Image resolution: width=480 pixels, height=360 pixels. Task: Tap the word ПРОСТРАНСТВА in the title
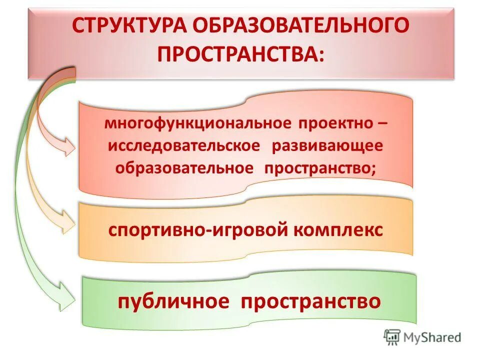click(236, 54)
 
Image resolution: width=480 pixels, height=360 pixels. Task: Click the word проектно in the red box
click(334, 123)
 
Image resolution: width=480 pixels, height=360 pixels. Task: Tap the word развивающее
click(327, 146)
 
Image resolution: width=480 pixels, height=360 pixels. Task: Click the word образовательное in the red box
click(184, 168)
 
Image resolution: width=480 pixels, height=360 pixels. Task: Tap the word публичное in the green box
click(173, 301)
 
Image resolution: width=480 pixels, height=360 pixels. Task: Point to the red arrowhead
click(67, 146)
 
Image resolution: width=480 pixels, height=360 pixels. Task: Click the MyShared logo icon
click(391, 337)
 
